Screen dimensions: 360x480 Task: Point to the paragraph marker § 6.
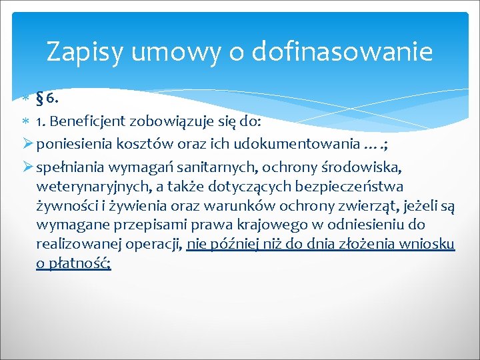click(48, 99)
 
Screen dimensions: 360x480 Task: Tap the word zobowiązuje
click(172, 123)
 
